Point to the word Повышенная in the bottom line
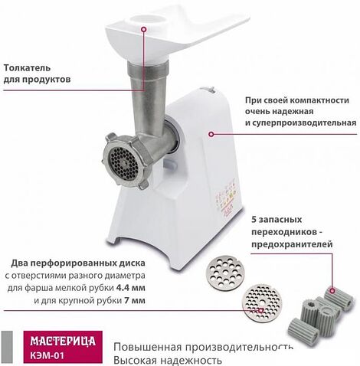[x=146, y=345]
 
